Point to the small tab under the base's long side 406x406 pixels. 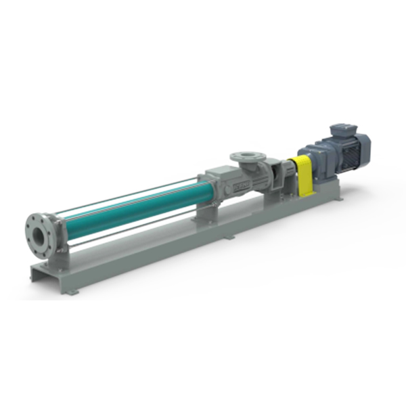pos(231,238)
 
